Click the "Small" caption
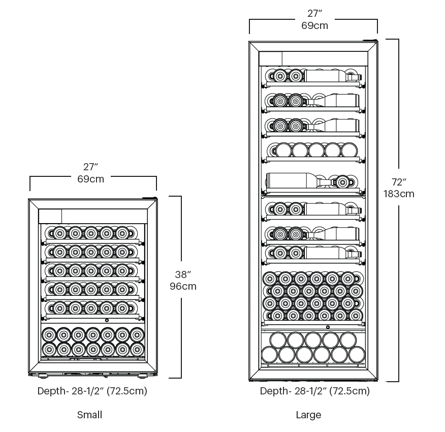click(x=89, y=415)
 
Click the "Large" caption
click(x=308, y=415)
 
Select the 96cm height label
click(x=183, y=286)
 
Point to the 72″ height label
click(x=399, y=181)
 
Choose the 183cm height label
click(x=399, y=194)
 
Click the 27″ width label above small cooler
click(x=90, y=166)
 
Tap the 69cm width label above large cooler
click(x=314, y=25)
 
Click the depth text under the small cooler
click(x=92, y=391)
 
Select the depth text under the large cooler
click(x=314, y=391)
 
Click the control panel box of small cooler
click(x=50, y=216)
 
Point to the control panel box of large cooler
click(x=271, y=58)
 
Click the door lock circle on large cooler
click(x=328, y=327)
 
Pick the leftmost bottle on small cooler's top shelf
click(x=60, y=233)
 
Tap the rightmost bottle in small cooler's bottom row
click(x=137, y=349)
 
